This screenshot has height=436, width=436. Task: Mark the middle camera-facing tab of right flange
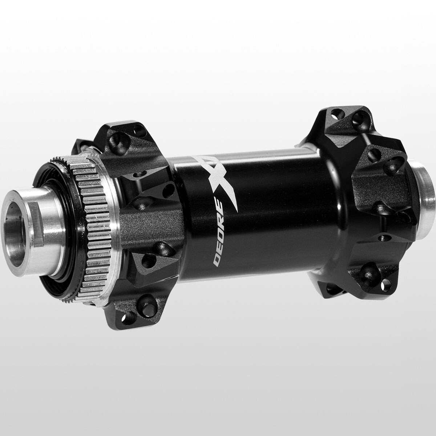(x=378, y=171)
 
